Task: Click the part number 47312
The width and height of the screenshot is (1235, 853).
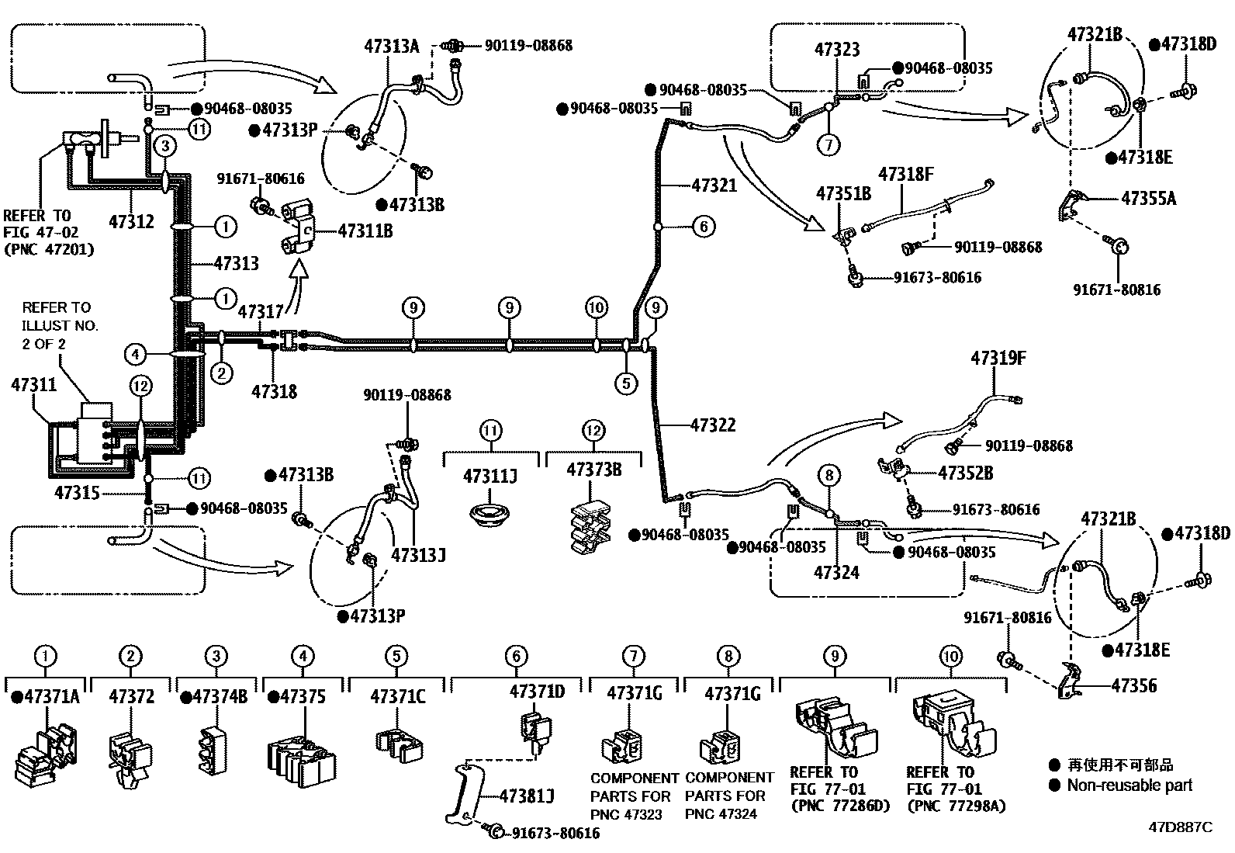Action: coord(131,221)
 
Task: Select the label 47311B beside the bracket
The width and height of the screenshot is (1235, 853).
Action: coord(365,231)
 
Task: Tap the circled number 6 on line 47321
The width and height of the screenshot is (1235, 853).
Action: coord(703,227)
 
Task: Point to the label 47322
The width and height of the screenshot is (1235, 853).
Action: coord(713,425)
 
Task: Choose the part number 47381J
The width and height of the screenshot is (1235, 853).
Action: coord(527,796)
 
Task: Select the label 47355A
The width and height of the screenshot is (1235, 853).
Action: coord(1148,199)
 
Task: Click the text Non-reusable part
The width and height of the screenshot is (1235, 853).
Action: coord(1129,785)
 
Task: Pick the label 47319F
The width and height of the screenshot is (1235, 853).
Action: coord(998,359)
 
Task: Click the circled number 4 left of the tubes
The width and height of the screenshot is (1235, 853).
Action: coord(135,355)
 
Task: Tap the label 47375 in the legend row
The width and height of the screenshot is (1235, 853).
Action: coord(303,696)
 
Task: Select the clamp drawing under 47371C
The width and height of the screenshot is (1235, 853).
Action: coord(396,741)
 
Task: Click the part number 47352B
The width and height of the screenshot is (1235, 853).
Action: coord(965,473)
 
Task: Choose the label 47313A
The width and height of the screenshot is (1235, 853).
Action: coord(391,46)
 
